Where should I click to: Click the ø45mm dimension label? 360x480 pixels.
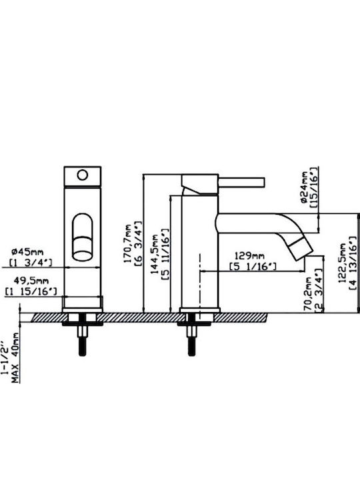[x=27, y=252]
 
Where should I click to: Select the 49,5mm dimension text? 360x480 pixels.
[x=31, y=281]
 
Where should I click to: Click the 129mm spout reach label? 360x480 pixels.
[x=249, y=255]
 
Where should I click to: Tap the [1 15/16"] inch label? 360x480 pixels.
[x=31, y=291]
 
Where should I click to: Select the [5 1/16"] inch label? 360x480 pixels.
[x=253, y=267]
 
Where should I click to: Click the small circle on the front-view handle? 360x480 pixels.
[x=83, y=175]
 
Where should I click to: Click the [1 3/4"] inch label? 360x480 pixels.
[x=31, y=263]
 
